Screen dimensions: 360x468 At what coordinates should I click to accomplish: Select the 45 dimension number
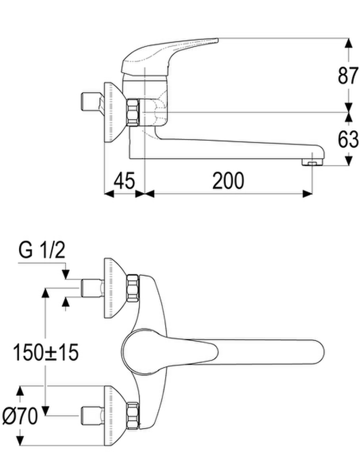pyautogui.click(x=124, y=180)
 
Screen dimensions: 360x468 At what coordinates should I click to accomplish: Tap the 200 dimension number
pyautogui.click(x=228, y=180)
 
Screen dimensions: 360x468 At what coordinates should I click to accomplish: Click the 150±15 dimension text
pyautogui.click(x=45, y=352)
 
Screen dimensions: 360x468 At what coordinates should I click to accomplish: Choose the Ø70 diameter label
pyautogui.click(x=20, y=416)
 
